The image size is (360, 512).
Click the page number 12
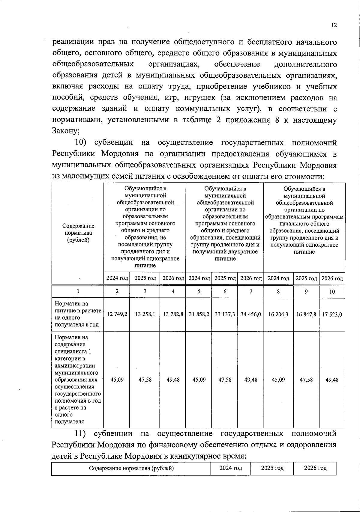coord(334,25)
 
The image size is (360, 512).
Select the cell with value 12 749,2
coord(117,314)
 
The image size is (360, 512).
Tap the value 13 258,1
coord(145,314)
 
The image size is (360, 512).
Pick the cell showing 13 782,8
coord(173,314)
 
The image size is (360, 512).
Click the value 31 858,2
coord(199,314)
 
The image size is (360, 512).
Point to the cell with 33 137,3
coord(225,314)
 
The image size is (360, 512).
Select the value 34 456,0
coord(251,314)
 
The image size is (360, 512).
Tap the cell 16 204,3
coord(278,314)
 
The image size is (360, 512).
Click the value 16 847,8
coord(306,314)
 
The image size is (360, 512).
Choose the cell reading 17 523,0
coord(332,314)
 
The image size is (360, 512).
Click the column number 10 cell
coord(332,292)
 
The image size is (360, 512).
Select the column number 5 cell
coord(199,291)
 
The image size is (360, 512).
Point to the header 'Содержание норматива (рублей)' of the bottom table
coord(131,469)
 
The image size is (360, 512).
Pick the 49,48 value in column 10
coord(332,380)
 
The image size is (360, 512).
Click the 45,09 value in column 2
coord(117,380)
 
